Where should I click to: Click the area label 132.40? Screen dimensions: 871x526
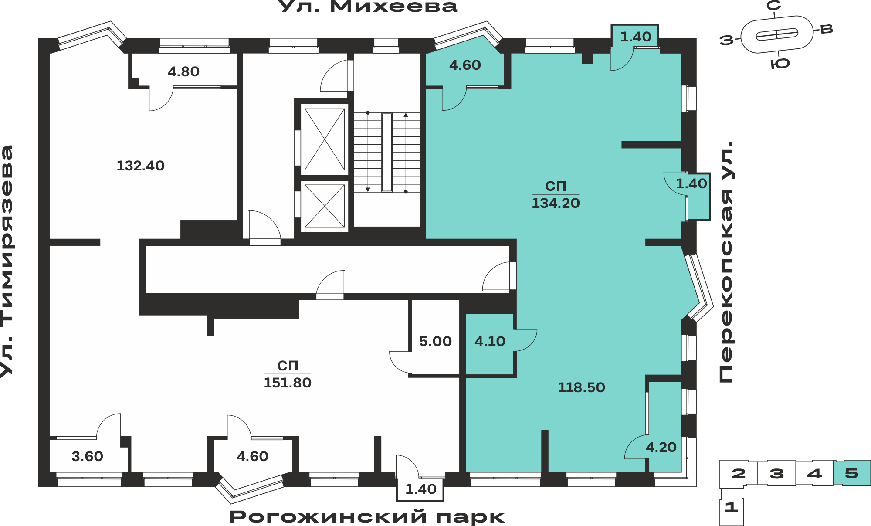140,166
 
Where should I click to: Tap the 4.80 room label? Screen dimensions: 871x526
183,71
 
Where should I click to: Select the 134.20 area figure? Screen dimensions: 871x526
556,203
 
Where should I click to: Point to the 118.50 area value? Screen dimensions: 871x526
581,387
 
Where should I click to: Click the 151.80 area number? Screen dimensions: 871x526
288,383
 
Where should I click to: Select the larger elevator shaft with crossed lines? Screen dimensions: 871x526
325,139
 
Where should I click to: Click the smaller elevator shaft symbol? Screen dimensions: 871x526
325,206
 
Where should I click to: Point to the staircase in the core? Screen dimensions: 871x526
387,152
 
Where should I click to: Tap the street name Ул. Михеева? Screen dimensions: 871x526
367,7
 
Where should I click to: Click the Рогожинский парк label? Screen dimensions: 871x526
367,517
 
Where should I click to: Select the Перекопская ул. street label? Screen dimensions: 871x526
726,262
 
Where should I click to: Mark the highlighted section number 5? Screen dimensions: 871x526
852,473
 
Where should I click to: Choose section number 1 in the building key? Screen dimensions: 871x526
732,507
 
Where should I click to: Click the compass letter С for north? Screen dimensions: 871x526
774,6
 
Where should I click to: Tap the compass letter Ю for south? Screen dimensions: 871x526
780,64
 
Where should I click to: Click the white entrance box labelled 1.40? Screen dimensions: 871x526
420,489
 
